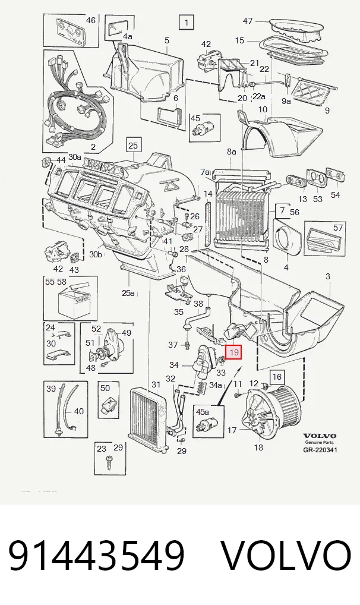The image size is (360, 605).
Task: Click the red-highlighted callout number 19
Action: pos(234,352)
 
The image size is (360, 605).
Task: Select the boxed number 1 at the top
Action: pos(187,23)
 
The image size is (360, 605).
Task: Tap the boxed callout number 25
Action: pos(132,146)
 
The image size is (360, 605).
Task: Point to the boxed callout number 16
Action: pos(277,377)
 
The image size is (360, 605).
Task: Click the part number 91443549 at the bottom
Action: pos(96,556)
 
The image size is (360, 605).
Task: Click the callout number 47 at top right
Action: pos(248,21)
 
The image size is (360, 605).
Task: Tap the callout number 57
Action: pos(337,228)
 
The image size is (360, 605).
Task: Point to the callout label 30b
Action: pos(95,254)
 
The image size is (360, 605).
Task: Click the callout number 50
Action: pos(105,387)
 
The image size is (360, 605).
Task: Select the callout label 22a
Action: pos(259,96)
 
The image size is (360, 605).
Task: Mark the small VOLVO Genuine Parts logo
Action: pos(320,439)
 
